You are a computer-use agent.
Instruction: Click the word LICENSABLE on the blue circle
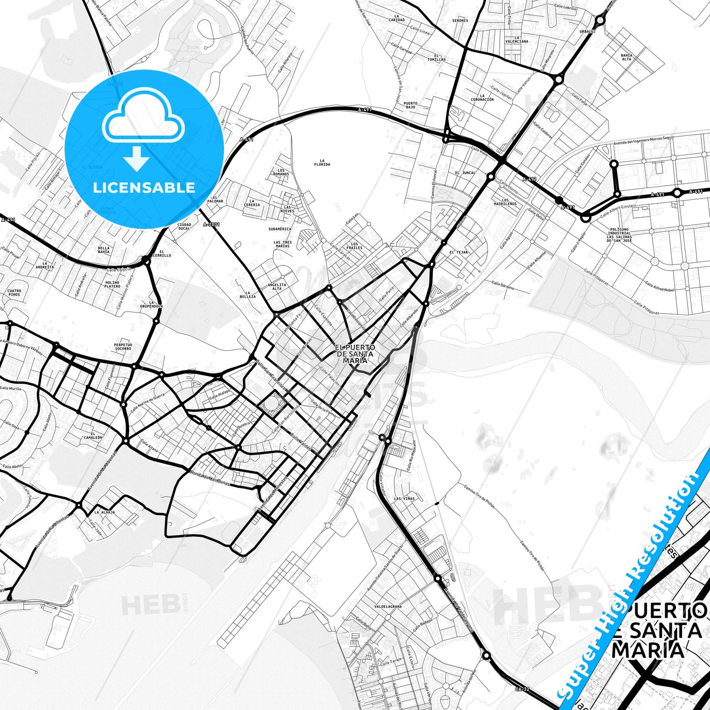(x=144, y=188)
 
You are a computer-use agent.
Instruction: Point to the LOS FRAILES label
(x=354, y=246)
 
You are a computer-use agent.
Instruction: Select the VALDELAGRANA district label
(x=388, y=606)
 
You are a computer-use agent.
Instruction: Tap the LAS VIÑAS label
(x=404, y=498)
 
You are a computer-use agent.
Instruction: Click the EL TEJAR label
(x=458, y=252)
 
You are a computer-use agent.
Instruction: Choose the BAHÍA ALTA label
(x=626, y=57)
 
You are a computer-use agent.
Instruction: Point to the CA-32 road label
(x=523, y=689)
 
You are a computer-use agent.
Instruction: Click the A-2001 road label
(x=211, y=225)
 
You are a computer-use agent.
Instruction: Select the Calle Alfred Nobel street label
(x=659, y=286)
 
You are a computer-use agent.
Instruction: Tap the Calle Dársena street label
(x=503, y=285)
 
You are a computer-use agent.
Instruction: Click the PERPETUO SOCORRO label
(x=123, y=346)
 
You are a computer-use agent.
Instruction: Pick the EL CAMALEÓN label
(x=93, y=435)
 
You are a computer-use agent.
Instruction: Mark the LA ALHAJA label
(x=105, y=512)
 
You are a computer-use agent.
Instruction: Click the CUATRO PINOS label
(x=14, y=292)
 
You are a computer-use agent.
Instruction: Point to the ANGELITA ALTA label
(x=277, y=286)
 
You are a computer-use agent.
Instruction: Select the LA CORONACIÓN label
(x=482, y=97)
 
